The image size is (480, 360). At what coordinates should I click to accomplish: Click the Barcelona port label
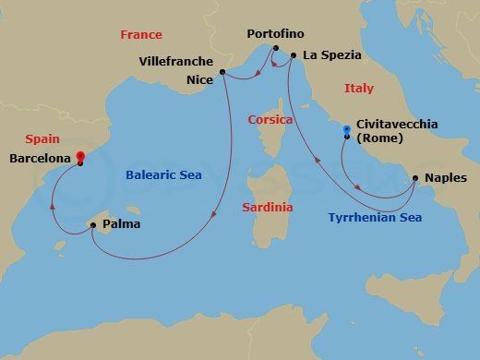pyautogui.click(x=40, y=159)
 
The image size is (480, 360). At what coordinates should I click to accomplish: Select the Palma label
pyautogui.click(x=122, y=224)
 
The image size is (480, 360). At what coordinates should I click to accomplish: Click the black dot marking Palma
pyautogui.click(x=92, y=224)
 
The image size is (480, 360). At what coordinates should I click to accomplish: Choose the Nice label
pyautogui.click(x=198, y=79)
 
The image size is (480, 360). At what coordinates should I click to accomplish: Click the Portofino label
pyautogui.click(x=274, y=34)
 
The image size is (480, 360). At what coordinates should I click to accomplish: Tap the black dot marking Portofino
pyautogui.click(x=274, y=49)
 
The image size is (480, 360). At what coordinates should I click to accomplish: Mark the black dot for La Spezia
pyautogui.click(x=294, y=55)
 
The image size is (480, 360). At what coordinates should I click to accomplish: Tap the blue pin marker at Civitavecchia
pyautogui.click(x=347, y=131)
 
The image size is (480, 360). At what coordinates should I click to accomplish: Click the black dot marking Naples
pyautogui.click(x=415, y=178)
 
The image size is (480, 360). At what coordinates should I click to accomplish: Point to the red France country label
pyautogui.click(x=141, y=35)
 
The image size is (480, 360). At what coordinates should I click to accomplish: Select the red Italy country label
pyautogui.click(x=359, y=89)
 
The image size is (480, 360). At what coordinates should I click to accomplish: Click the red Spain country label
pyautogui.click(x=43, y=138)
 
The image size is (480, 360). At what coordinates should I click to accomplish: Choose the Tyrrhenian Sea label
pyautogui.click(x=375, y=218)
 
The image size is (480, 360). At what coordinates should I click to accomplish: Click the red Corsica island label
pyautogui.click(x=270, y=120)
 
